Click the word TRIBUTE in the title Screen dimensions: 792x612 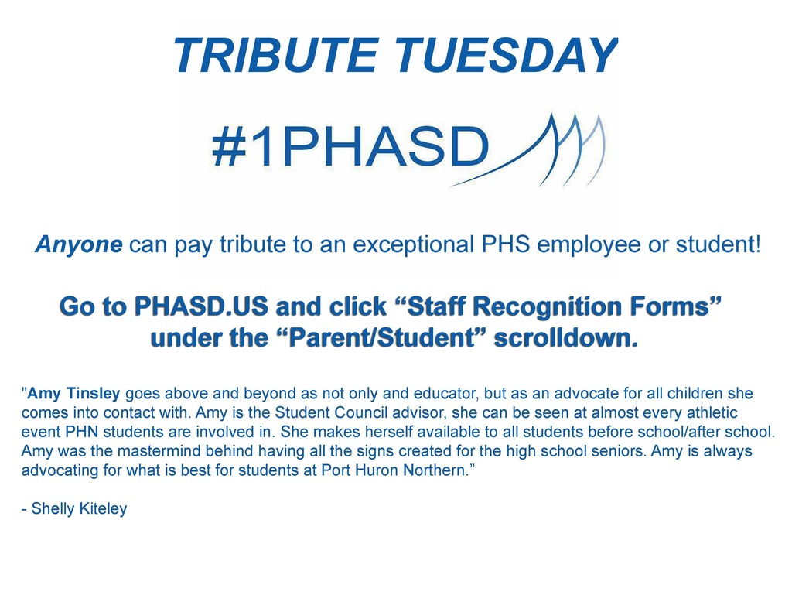tap(275, 55)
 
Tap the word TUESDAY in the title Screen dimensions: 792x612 tap(506, 55)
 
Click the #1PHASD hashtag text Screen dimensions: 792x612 tap(350, 146)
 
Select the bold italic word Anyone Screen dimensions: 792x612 tap(78, 244)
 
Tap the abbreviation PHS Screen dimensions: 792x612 tap(506, 244)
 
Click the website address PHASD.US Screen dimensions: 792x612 tap(200, 306)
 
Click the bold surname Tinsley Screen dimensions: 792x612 tap(93, 394)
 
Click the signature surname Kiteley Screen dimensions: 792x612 tap(103, 509)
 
